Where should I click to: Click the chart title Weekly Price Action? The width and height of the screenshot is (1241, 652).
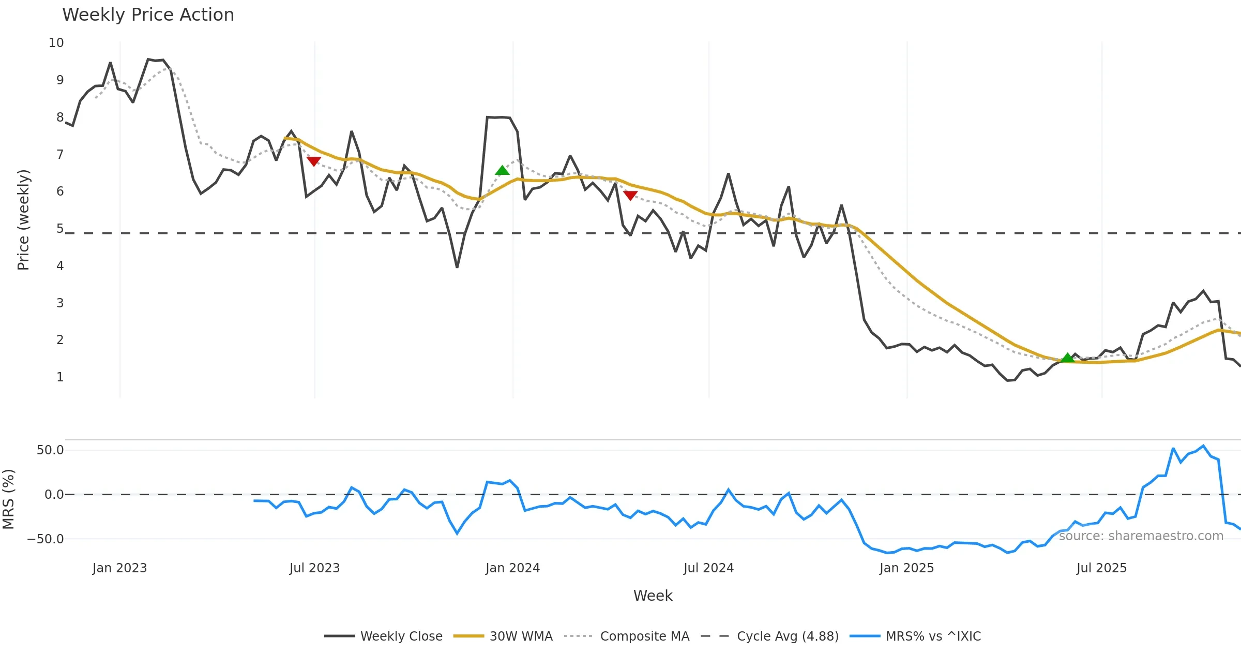point(148,15)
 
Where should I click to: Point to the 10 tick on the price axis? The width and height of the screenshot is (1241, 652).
point(56,43)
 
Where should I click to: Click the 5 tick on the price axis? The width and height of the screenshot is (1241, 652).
point(60,229)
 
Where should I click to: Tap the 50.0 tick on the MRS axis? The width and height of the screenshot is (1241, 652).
point(50,450)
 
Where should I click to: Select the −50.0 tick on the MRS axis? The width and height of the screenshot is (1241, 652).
point(46,539)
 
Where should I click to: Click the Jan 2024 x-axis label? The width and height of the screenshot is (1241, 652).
point(512,568)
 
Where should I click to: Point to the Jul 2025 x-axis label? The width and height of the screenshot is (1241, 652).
point(1101,568)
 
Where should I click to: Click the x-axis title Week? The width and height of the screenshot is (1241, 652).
point(653,596)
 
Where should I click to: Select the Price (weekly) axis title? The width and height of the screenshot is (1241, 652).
point(23,220)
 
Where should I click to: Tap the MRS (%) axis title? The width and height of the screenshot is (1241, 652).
point(8,499)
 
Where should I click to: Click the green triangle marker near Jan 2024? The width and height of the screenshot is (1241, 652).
point(502,170)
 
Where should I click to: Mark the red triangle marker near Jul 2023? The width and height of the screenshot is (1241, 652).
point(314,161)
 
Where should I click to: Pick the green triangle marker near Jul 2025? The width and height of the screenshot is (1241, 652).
point(1068,358)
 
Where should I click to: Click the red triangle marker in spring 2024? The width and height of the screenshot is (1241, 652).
point(630,195)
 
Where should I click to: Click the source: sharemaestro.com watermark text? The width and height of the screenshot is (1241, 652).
point(1141,536)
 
